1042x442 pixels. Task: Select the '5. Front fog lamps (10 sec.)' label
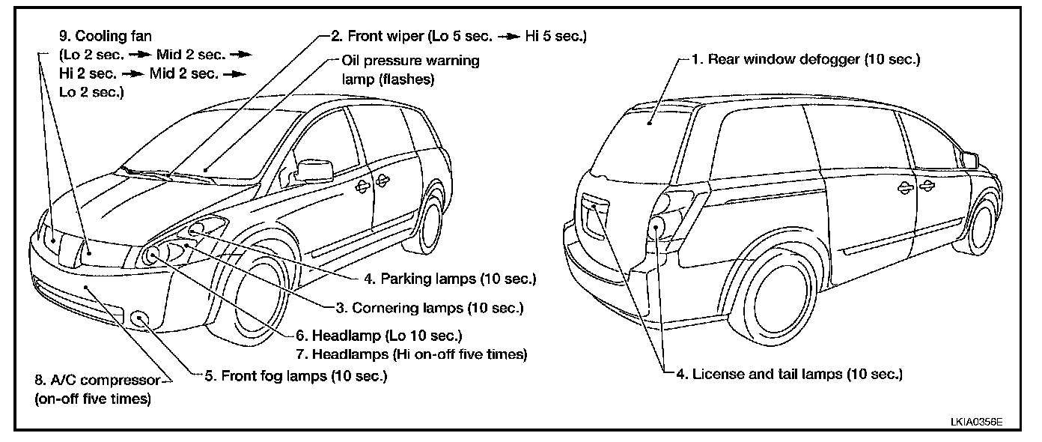(x=295, y=375)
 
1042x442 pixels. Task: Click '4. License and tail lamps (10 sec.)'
(x=789, y=373)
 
